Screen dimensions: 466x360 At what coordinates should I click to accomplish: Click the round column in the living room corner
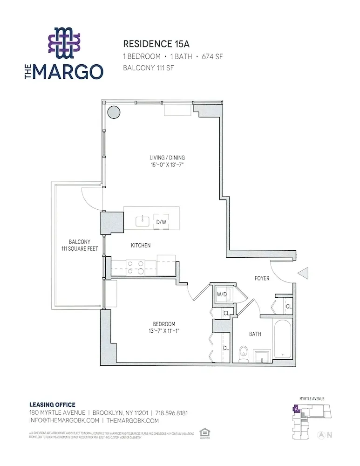coord(113,112)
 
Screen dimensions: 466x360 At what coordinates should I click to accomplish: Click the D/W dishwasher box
coord(161,222)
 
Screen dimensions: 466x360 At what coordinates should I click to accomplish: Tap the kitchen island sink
coord(141,221)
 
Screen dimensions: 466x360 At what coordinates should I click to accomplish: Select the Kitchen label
coord(140,246)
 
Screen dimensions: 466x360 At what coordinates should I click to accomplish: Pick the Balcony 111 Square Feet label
coord(79,245)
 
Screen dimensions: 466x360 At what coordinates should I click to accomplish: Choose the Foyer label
coord(262,278)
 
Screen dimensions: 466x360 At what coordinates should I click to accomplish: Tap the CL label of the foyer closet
coord(288,306)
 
